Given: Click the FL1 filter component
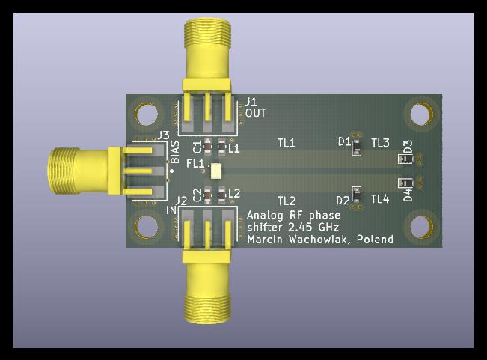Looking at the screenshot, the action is pyautogui.click(x=215, y=171).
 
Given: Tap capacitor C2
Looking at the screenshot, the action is pyautogui.click(x=207, y=195).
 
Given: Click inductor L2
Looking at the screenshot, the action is pyautogui.click(x=221, y=195).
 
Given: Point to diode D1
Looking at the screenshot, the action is pyautogui.click(x=356, y=147).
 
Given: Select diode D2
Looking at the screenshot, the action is pyautogui.click(x=356, y=194).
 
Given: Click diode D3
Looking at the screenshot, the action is pyautogui.click(x=406, y=159).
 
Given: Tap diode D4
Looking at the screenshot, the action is pyautogui.click(x=406, y=183).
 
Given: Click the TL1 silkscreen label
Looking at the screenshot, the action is pyautogui.click(x=286, y=143).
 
